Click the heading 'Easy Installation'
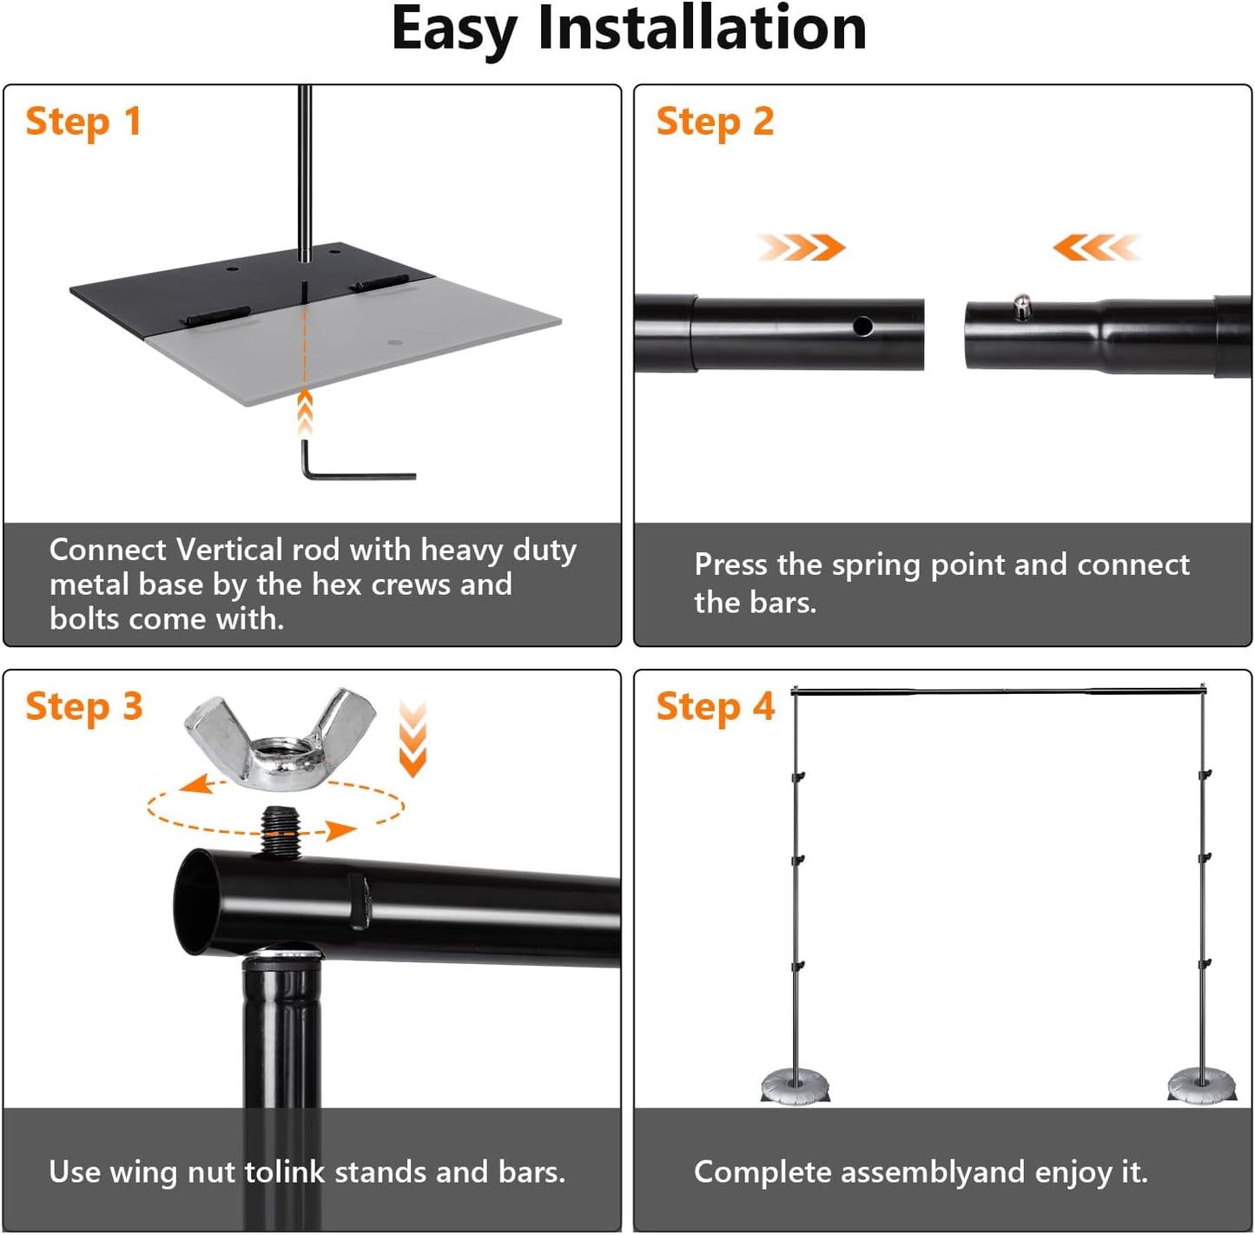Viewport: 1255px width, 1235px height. click(x=628, y=30)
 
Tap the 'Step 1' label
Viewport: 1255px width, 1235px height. click(x=83, y=122)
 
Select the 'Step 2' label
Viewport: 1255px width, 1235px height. click(x=715, y=122)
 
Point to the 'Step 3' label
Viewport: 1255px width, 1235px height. click(x=83, y=707)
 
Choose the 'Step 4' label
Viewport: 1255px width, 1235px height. click(x=715, y=707)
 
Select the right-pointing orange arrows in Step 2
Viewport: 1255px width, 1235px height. click(x=801, y=248)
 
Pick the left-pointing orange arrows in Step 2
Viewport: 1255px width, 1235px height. click(x=1096, y=248)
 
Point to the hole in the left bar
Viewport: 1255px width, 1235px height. click(x=862, y=326)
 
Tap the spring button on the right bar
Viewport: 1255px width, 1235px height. click(x=1022, y=307)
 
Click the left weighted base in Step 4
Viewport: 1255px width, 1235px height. click(x=795, y=1086)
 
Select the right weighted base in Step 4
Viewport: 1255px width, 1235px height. click(x=1201, y=1086)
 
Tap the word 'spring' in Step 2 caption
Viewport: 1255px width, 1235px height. click(x=876, y=565)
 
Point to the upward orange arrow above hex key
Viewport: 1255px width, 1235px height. click(x=305, y=413)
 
